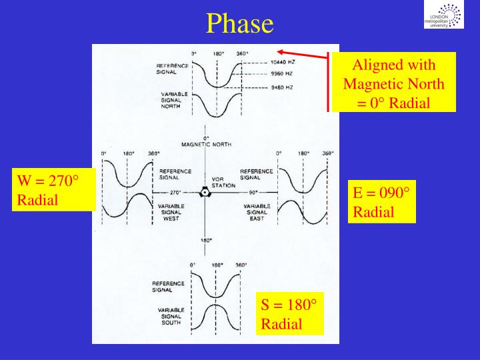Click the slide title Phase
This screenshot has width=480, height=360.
[x=240, y=23]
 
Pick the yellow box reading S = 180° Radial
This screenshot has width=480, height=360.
[x=289, y=313]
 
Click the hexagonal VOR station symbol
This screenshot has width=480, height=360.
[x=205, y=192]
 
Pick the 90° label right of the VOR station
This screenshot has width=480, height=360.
[x=235, y=192]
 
